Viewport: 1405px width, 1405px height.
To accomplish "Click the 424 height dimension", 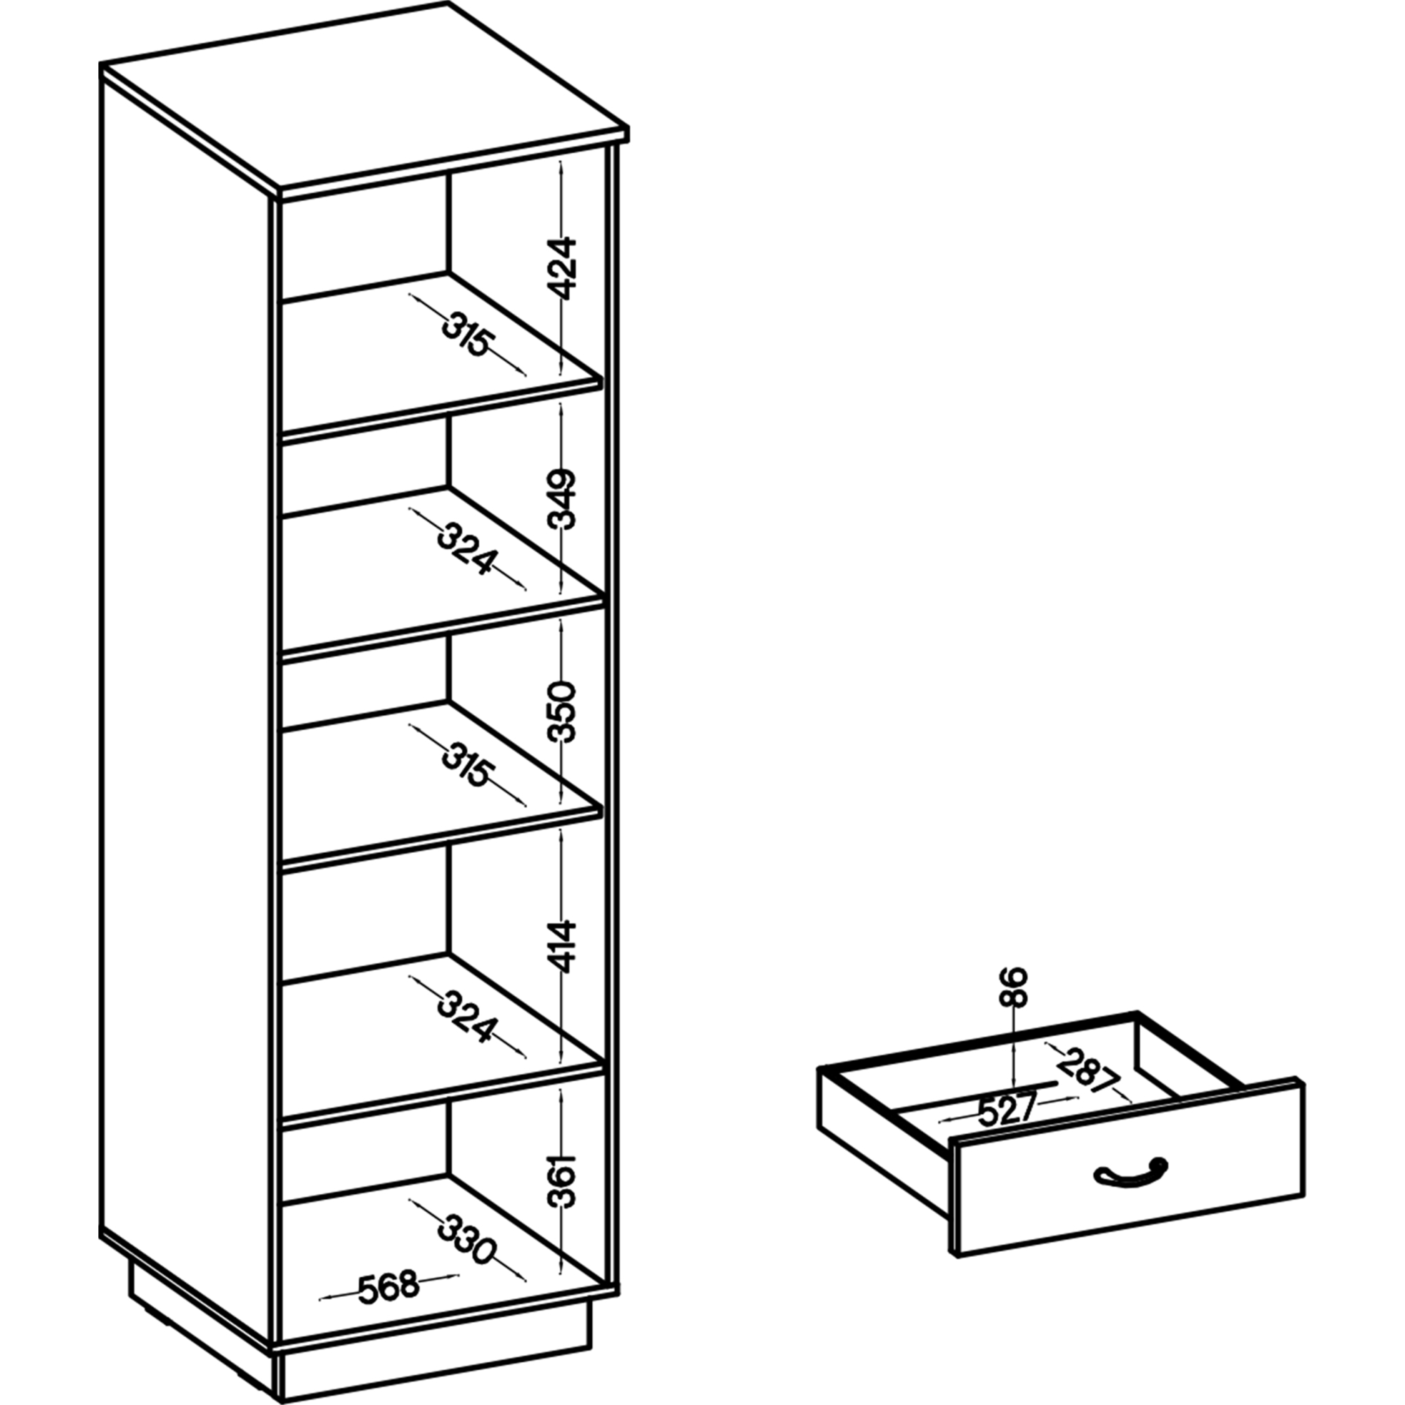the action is [x=562, y=268].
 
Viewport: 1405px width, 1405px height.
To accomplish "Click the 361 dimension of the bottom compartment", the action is [x=562, y=1180].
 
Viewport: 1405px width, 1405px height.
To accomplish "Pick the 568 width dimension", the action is [x=389, y=1285].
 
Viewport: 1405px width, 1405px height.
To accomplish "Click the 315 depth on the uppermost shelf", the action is [x=469, y=334].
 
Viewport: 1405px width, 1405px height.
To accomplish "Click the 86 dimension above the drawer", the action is [x=1013, y=987].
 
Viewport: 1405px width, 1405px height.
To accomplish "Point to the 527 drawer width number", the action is [x=1007, y=1110].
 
